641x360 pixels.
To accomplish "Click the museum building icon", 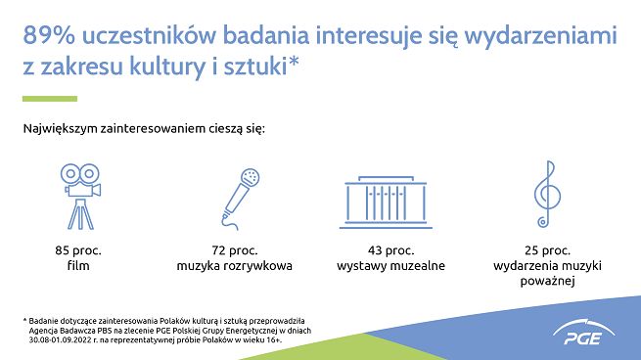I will [x=390, y=200].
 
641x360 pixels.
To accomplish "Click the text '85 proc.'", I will [x=78, y=250].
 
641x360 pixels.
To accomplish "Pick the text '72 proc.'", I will [x=235, y=250].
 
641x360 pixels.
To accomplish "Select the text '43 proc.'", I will [x=390, y=250].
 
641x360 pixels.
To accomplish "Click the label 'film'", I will [x=78, y=266].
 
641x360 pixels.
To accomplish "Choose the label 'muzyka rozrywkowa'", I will [x=235, y=266].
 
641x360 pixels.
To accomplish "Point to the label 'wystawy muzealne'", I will [x=390, y=266].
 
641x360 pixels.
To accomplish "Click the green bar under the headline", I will [x=49, y=99].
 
